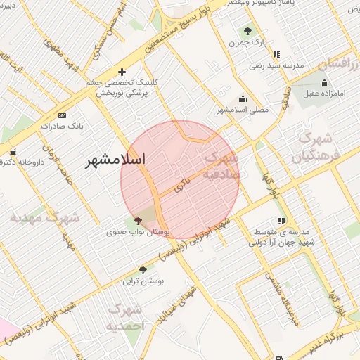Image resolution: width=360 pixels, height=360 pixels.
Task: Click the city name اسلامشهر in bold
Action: pos(115,160)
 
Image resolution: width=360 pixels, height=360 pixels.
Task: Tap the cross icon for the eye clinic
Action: pos(122,72)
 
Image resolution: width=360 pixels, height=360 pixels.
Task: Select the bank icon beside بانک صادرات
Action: pos(63,115)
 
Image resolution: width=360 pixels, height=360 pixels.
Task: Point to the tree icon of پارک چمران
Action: pos(247,30)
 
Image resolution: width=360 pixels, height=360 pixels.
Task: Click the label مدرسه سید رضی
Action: pos(276,65)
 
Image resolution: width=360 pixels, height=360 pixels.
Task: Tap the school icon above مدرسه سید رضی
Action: pos(276,53)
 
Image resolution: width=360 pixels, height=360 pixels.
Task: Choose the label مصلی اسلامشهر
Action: pos(243,110)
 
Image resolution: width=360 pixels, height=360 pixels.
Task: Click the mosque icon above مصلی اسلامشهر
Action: pos(243,98)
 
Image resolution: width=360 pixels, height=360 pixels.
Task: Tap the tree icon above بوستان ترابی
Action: pos(143,269)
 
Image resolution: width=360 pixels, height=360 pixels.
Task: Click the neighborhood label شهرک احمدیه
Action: pos(127,318)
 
